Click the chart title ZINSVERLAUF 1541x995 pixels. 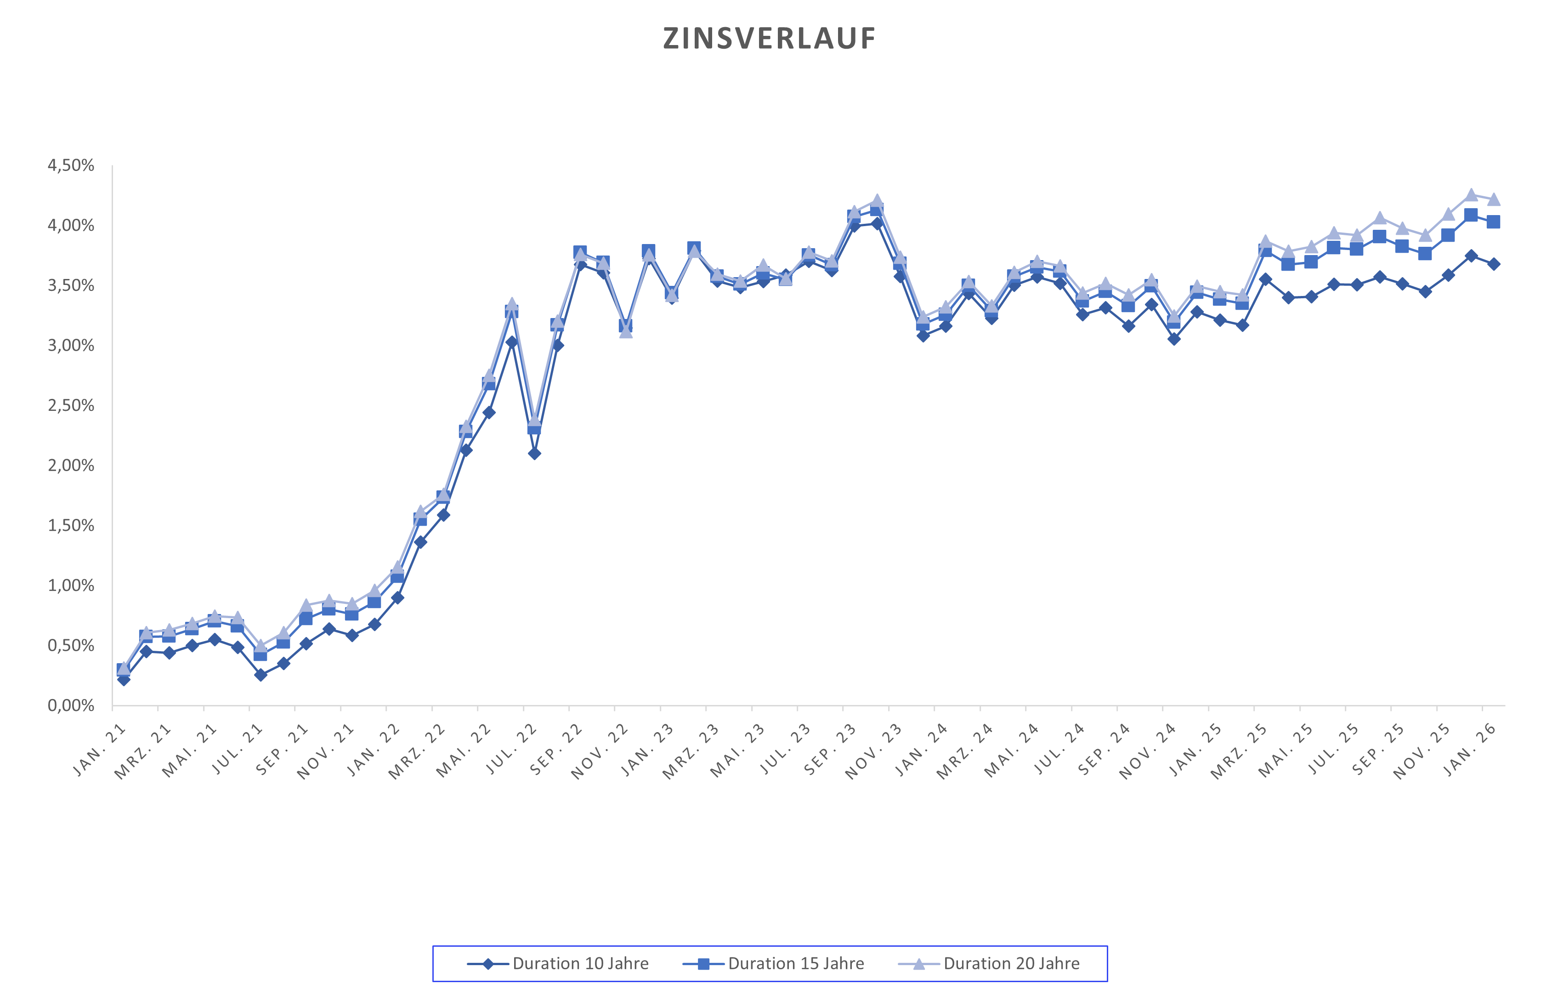pos(769,39)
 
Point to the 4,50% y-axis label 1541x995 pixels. pos(71,165)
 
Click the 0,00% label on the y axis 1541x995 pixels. pos(71,705)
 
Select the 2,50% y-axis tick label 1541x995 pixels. pos(71,406)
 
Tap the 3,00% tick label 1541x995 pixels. pos(71,346)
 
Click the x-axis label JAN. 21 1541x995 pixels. pos(99,750)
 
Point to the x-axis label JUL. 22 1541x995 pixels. pos(511,750)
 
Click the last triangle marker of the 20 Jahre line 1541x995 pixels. pos(1493,199)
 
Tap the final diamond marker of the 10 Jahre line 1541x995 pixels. pos(1493,264)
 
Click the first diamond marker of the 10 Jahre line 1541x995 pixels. pos(123,679)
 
